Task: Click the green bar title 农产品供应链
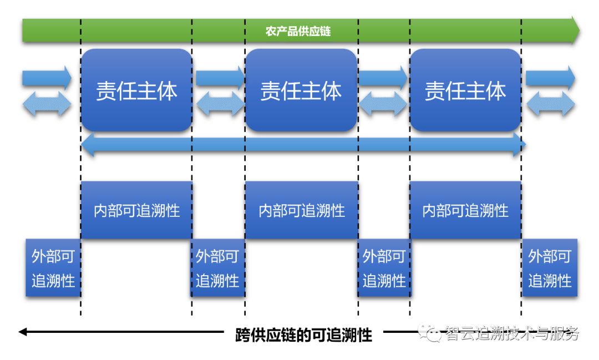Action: (298, 31)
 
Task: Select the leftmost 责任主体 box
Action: (136, 90)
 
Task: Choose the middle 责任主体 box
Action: (301, 90)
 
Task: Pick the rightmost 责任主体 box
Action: (465, 90)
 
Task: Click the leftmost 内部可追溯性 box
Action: (136, 210)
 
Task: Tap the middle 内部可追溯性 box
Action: (301, 210)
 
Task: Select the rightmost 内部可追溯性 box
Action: (465, 210)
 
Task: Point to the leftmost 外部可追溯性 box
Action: (53, 268)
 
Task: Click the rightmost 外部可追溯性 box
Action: (549, 268)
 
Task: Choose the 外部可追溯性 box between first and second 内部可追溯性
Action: (217, 268)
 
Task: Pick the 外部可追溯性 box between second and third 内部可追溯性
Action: (384, 268)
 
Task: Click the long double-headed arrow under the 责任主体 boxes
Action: (303, 145)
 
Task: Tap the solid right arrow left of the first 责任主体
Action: (47, 78)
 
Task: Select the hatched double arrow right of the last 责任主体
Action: (550, 104)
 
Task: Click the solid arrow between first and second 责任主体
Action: (220, 78)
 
